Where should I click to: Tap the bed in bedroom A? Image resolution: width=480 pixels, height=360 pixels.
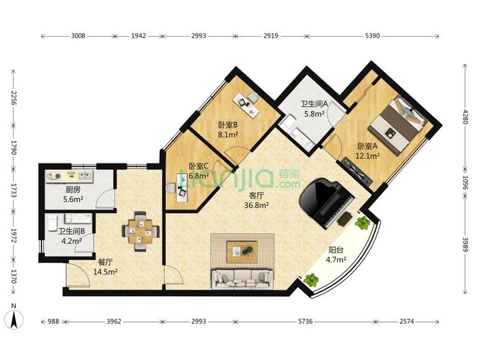coord(397,124)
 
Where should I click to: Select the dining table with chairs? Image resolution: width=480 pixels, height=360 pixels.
coord(141,231)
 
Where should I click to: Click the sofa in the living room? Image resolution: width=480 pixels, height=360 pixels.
coord(242,279)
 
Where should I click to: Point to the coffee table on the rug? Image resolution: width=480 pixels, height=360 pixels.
coord(242,251)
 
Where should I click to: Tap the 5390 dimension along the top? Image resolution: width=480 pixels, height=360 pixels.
coord(372,36)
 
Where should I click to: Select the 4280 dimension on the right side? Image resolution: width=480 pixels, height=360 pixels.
coord(465,116)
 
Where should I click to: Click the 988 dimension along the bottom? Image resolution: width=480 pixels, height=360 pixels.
coord(53,321)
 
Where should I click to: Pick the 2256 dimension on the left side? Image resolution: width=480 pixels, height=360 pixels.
coord(13,98)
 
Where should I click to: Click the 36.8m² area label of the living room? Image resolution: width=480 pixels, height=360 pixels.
coord(256,205)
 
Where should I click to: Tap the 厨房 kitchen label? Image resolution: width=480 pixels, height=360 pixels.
coord(73,190)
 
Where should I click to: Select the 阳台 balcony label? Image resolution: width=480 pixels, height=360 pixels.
coord(336,250)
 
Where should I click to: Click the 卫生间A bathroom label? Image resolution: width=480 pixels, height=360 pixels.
coord(314,104)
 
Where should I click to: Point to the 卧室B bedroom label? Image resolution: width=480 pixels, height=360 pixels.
coord(227,125)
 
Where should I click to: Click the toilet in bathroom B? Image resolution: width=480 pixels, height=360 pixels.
coord(53,222)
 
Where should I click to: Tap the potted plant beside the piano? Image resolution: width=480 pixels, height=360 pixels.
coord(363,222)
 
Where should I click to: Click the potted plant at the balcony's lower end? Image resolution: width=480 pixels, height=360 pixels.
coord(311,280)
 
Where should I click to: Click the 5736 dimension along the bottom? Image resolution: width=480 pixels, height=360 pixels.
coord(306,321)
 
